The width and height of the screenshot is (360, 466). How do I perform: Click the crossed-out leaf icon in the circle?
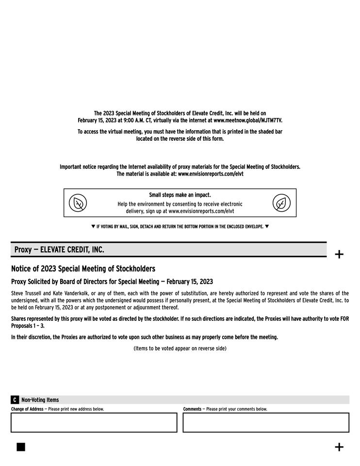pos(78,203)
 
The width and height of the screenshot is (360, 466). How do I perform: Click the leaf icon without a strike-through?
pos(281,203)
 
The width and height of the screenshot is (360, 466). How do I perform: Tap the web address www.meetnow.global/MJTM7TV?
pos(247,120)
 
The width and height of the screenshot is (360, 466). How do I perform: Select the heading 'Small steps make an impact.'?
pos(180,195)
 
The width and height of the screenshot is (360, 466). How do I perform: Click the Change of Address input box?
pos(94,422)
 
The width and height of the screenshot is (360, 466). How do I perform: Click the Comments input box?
pos(266,422)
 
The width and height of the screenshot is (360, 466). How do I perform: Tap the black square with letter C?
pos(15,400)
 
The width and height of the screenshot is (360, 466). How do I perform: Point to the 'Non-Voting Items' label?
pos(40,400)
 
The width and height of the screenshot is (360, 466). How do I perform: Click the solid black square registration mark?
pos(21,447)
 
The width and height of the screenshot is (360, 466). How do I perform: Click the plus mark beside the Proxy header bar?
pos(339,254)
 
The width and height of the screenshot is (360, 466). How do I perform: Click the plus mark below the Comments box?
pos(339,447)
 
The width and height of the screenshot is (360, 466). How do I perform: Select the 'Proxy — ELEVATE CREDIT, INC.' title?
pos(59,250)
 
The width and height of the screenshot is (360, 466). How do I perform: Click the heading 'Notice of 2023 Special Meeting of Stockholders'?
pos(83,268)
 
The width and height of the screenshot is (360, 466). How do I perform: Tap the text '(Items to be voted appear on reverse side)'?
pos(180,349)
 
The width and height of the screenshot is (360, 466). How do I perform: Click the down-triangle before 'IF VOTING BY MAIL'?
pos(94,226)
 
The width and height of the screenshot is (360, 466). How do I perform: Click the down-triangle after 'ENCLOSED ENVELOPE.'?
pos(266,226)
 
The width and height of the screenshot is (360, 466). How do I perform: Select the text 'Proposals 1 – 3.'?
pos(28,326)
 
